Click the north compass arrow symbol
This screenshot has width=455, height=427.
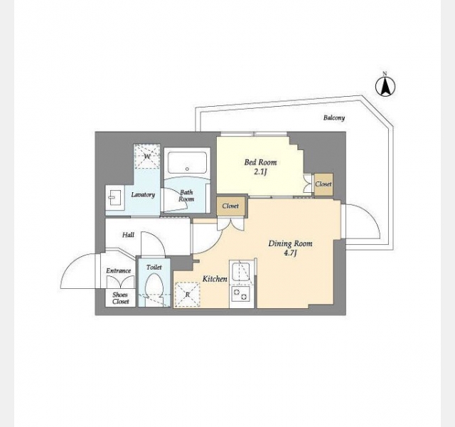pos(385,86)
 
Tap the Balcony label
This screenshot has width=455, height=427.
pos(334,117)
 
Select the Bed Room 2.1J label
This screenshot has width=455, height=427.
pos(260,167)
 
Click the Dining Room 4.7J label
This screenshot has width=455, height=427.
pos(290,248)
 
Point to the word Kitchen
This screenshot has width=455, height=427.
pos(215,279)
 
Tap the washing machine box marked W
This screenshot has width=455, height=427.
pos(147,157)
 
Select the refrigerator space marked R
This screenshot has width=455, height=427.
pos(187,295)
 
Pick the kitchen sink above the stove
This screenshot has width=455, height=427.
pos(240,271)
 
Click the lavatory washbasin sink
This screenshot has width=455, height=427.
pos(115,198)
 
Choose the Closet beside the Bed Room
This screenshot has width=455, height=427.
pos(323,184)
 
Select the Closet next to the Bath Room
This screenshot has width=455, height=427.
pos(230,206)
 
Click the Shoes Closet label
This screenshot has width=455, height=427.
pos(120,298)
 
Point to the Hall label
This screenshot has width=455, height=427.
pos(128,235)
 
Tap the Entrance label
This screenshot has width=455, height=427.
pos(119,270)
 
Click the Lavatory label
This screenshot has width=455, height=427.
pos(143,194)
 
